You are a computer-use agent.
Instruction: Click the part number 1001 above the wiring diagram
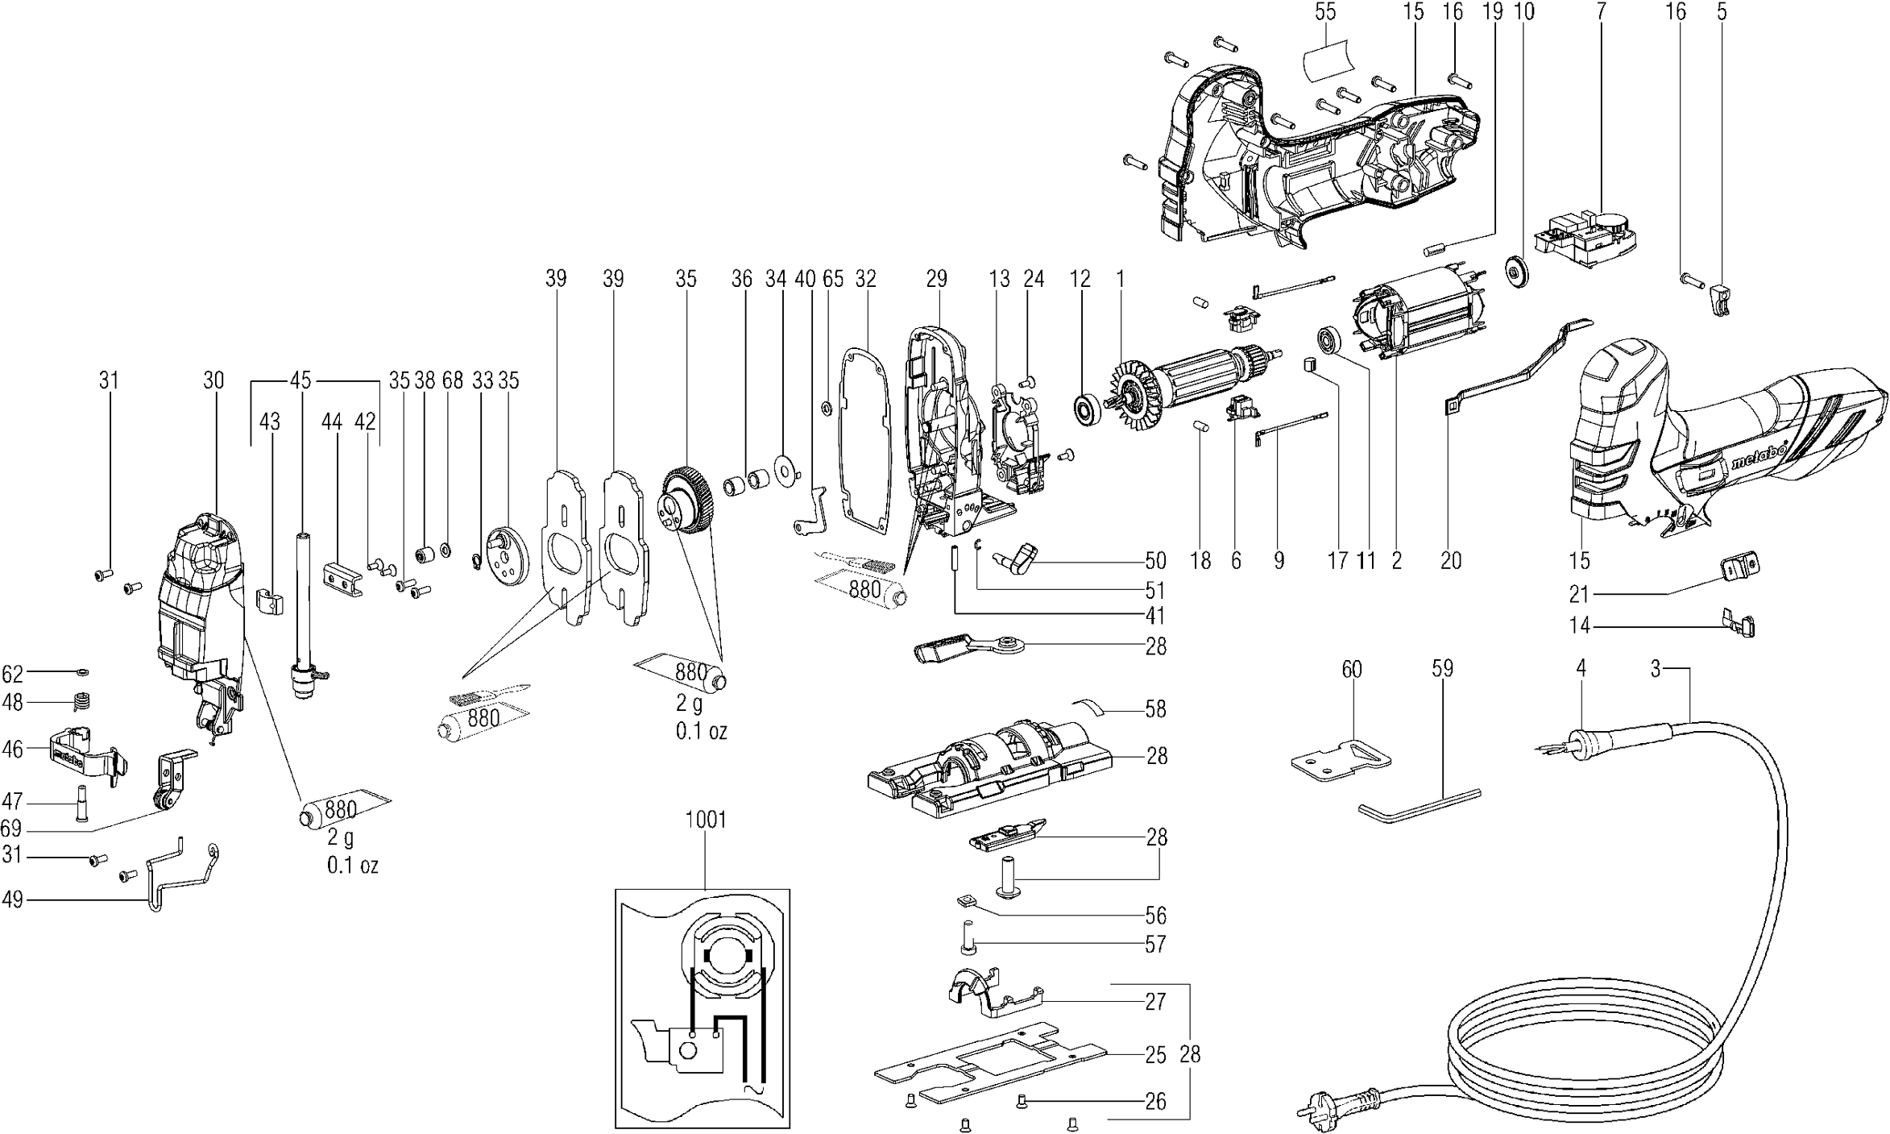point(706,820)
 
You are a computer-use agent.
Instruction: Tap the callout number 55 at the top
point(1324,11)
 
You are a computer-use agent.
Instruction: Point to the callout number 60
point(1351,669)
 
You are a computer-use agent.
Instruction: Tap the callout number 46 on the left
point(12,749)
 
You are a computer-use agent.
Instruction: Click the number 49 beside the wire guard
point(12,899)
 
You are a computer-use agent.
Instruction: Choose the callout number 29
point(936,279)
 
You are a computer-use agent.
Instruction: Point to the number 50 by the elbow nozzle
point(1155,560)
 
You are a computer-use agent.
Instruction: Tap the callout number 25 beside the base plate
point(1155,1054)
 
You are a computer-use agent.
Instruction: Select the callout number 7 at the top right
point(1600,11)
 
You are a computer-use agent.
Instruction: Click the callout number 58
point(1155,709)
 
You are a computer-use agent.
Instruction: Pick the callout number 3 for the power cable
point(1656,669)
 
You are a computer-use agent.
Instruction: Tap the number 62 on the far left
point(12,673)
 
